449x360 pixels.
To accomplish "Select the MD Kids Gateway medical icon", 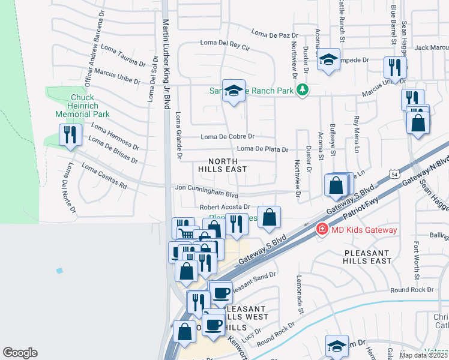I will click(x=322, y=229).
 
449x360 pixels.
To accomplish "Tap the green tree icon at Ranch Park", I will click(x=303, y=90).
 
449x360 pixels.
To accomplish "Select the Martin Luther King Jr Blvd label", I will click(x=166, y=63).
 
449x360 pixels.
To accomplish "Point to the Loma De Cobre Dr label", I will click(x=228, y=137).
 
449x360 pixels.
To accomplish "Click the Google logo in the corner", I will click(x=20, y=353).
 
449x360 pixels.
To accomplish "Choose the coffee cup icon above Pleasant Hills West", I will click(x=221, y=292).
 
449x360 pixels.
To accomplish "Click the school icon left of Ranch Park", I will click(x=234, y=91).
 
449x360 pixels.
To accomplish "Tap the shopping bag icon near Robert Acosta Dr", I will click(x=270, y=218).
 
